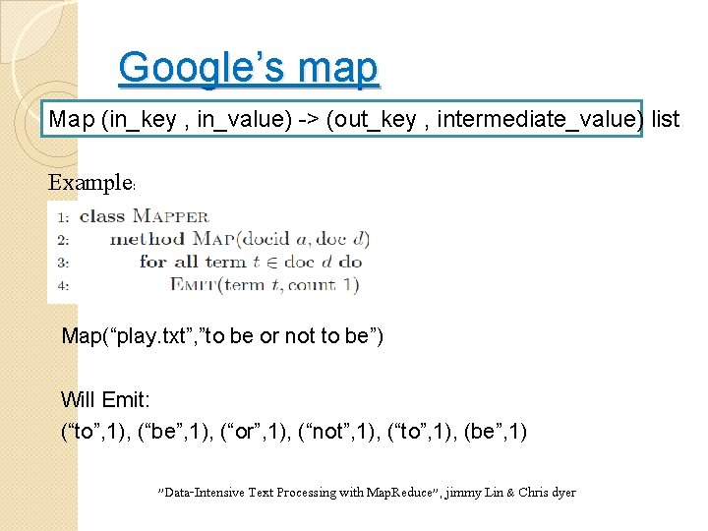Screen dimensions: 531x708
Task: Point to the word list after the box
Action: point(666,120)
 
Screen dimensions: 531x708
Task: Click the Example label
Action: point(90,183)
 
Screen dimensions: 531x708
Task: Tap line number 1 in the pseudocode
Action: point(62,216)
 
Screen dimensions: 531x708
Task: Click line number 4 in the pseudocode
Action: point(62,286)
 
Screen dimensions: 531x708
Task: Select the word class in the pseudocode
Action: point(101,215)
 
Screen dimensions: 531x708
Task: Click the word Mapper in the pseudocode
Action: point(170,216)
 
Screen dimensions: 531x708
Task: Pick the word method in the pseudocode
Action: point(147,239)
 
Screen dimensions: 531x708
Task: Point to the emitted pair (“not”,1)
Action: point(338,431)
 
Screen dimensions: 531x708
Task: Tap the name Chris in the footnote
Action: point(532,493)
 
